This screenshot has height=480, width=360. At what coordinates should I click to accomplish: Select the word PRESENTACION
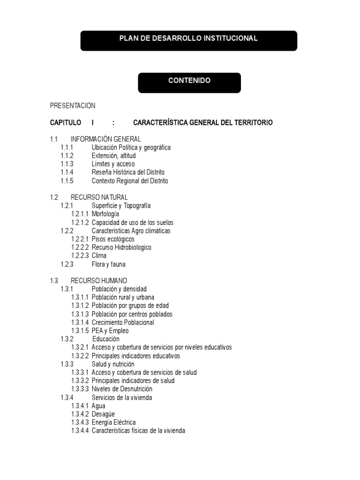point(73,106)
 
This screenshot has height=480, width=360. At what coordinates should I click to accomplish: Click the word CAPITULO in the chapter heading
point(66,123)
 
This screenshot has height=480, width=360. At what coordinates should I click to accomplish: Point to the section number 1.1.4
point(67,172)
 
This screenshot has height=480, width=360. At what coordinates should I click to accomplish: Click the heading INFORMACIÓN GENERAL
point(105,139)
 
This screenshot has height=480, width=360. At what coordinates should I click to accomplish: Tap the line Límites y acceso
point(113,164)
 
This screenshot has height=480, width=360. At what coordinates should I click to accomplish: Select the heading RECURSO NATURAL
point(99,197)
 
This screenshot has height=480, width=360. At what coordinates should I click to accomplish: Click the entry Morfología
point(105,214)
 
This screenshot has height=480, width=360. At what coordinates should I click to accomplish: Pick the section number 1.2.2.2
point(80,247)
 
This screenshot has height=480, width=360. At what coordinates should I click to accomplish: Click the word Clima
point(99,256)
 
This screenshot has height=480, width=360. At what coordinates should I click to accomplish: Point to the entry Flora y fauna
point(108,264)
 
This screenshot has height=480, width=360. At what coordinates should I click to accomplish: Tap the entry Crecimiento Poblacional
point(123,322)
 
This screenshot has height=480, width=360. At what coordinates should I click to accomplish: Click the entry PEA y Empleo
point(110,331)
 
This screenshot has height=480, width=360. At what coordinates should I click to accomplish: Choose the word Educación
point(106,339)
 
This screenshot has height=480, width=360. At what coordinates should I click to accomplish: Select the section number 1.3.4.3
point(80,423)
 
